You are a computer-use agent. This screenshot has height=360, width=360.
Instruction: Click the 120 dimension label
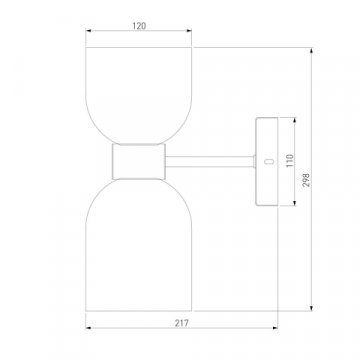pos(139,26)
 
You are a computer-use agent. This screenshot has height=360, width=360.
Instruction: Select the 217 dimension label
pos(182,323)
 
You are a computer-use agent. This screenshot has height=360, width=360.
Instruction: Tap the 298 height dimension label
pos(306,179)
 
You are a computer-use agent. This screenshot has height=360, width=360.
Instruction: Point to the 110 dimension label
pos(289,161)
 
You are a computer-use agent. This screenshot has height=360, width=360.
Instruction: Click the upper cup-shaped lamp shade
pos(139,96)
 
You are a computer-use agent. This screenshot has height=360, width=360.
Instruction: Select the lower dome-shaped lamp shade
pos(139,245)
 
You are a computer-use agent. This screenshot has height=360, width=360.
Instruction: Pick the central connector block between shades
pos(139,162)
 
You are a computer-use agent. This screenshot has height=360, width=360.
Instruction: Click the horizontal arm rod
pos(210,162)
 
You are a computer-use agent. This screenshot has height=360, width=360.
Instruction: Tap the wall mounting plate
pos(267,162)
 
